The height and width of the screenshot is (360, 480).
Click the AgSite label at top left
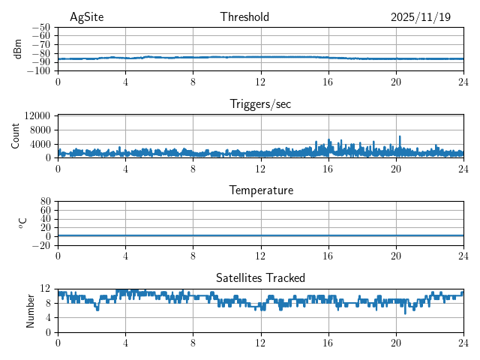coord(86,17)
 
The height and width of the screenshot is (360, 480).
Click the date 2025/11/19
coord(421,17)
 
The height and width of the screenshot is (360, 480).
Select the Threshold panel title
coord(244,17)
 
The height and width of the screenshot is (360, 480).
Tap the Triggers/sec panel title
coord(260,104)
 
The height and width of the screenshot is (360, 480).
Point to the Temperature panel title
coord(260,190)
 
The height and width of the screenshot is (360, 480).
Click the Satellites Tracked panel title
coord(260,277)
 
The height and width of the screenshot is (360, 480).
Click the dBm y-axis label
coord(18,49)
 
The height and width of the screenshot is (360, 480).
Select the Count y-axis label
coord(15,136)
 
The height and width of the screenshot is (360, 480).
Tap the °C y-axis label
coord(22,223)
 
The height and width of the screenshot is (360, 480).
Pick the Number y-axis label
coord(30,310)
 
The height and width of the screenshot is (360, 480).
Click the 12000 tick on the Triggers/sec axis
coord(37,115)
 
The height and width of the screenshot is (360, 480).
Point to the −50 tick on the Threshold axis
coord(41,27)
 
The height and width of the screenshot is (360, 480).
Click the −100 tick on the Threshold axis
coord(39,71)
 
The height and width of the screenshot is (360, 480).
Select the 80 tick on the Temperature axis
coord(45,202)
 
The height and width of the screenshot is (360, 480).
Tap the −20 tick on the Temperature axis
coord(41,245)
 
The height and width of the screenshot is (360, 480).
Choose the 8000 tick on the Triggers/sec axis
coord(40,130)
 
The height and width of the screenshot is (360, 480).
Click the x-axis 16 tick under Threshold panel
coord(328,82)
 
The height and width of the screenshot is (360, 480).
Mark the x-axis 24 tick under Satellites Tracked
coord(463,343)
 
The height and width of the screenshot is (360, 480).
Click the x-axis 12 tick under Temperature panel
coord(260,256)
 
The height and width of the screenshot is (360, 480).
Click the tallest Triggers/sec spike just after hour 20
coord(400,137)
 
